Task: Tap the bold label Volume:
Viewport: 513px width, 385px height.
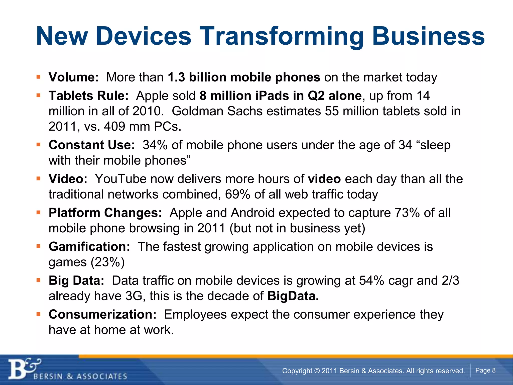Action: [x=74, y=77]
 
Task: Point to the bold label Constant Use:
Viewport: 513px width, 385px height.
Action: [x=92, y=145]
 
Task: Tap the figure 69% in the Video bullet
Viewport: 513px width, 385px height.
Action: [x=237, y=195]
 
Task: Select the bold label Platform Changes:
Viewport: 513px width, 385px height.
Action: [x=105, y=213]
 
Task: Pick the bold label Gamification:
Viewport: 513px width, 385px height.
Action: [x=89, y=247]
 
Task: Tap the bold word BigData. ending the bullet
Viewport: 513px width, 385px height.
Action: [x=293, y=296]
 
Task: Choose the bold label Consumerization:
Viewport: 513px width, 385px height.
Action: [x=102, y=314]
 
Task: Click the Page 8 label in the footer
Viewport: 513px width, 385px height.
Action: [x=485, y=370]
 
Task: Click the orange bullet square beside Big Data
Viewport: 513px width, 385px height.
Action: [x=38, y=280]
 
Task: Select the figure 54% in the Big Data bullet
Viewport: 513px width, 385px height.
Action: [x=371, y=280]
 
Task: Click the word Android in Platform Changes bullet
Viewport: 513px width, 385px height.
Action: [x=253, y=213]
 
